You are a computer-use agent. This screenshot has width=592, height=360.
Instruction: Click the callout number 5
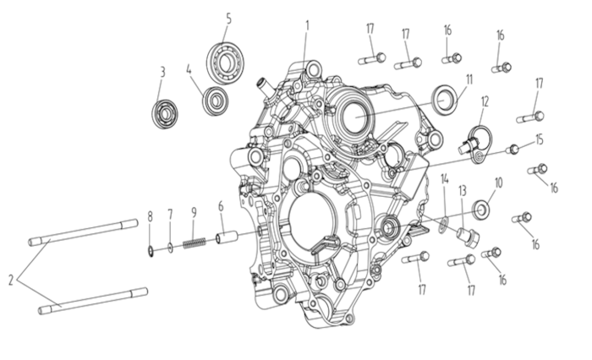point(228,19)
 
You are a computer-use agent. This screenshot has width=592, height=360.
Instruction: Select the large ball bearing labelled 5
point(225,63)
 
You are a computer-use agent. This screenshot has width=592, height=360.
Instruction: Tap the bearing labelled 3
point(165,113)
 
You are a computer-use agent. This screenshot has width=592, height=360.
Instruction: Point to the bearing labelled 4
point(215,101)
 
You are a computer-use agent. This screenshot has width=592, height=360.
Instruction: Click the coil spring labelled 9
point(195,243)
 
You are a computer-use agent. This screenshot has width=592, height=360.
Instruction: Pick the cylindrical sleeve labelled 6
point(226,238)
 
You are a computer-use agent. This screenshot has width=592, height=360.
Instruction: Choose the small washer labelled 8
point(150,251)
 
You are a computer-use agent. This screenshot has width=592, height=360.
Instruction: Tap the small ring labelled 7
point(170,248)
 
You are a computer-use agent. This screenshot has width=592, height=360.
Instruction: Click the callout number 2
point(11,280)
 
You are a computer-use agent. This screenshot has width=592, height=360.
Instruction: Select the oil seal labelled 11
point(444,99)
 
